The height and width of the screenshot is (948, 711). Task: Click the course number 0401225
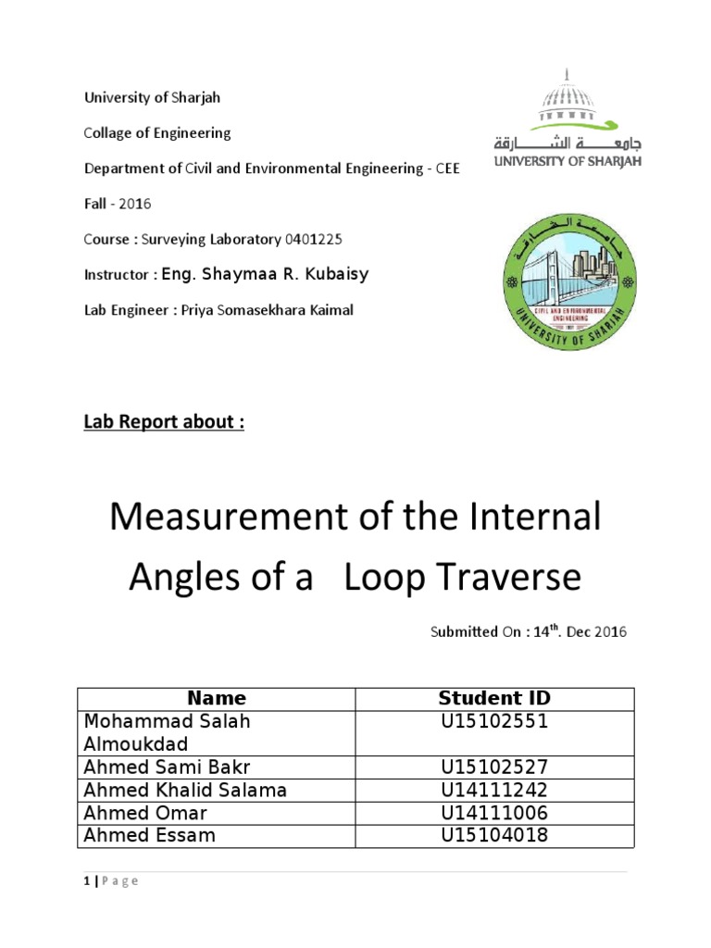(314, 239)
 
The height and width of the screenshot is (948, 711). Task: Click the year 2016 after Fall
(134, 204)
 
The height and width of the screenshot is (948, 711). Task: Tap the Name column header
(217, 698)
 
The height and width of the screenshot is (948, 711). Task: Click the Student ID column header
(494, 698)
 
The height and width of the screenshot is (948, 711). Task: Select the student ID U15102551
(494, 721)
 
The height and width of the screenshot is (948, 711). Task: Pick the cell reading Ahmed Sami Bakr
(167, 767)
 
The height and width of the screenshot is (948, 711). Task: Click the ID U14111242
(494, 790)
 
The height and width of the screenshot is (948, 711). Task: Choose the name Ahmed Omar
(145, 813)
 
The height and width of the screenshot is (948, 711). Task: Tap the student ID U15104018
(494, 835)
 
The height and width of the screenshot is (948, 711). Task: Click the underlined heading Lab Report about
(164, 422)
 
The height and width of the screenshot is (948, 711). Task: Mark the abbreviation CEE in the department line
(445, 168)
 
